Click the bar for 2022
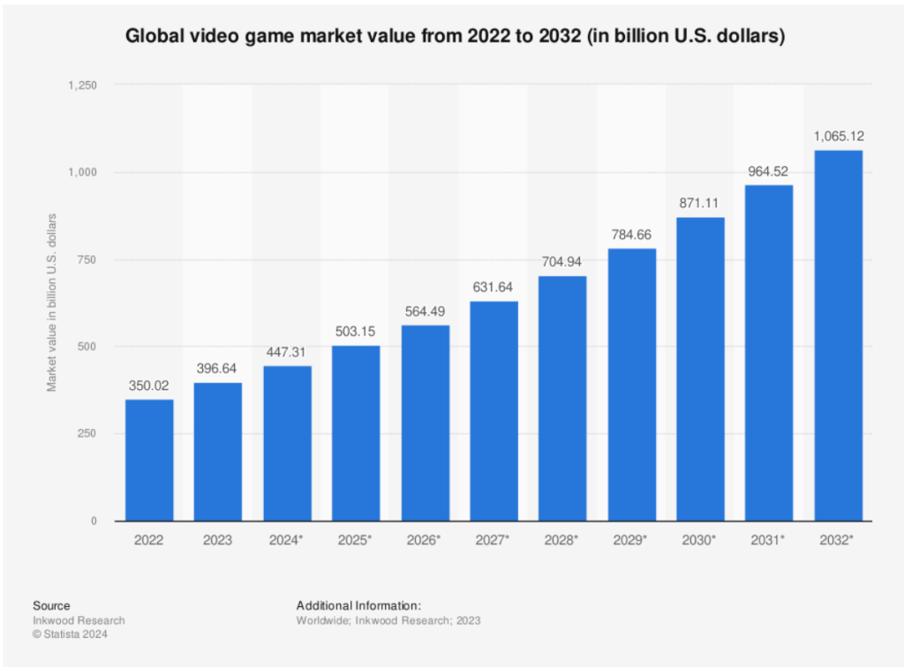click(x=149, y=460)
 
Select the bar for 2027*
click(x=493, y=411)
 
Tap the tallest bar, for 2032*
click(x=838, y=335)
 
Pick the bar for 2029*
click(x=631, y=385)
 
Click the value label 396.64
click(x=218, y=366)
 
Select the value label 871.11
click(x=700, y=201)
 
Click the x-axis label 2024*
click(x=287, y=540)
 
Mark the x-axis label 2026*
click(x=425, y=540)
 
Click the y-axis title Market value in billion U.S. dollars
click(x=52, y=303)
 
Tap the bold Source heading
click(x=51, y=605)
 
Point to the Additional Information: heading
click(x=358, y=605)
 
